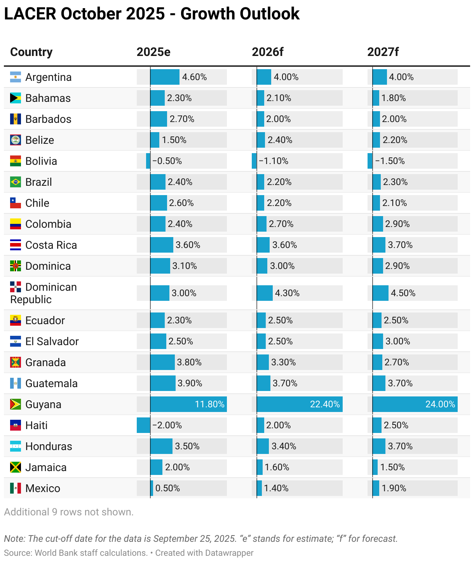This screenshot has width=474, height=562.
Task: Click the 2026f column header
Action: (x=267, y=52)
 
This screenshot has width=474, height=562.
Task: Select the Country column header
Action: (x=31, y=52)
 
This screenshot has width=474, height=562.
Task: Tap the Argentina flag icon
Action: (x=16, y=77)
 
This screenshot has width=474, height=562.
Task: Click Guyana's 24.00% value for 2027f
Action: (x=440, y=404)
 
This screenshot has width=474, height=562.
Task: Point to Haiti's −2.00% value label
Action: (x=167, y=425)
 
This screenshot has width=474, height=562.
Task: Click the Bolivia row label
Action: (x=41, y=161)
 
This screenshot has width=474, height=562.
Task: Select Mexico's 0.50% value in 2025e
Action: (x=167, y=488)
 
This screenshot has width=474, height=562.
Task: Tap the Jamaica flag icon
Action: (x=16, y=467)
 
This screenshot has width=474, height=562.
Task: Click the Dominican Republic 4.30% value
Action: (x=287, y=293)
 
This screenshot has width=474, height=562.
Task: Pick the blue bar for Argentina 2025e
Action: (x=165, y=77)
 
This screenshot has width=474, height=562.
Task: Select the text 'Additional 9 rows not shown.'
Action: (x=69, y=512)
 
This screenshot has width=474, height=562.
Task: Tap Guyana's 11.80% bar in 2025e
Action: (x=188, y=404)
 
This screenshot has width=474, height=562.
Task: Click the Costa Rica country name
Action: (x=51, y=245)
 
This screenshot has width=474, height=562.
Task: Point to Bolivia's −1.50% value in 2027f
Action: (x=390, y=161)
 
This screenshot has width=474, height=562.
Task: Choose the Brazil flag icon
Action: (x=16, y=182)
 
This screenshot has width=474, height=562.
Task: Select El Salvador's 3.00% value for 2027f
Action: (x=397, y=341)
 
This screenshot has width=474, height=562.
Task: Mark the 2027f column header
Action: (x=383, y=52)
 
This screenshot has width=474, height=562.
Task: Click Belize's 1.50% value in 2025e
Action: (x=174, y=140)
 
